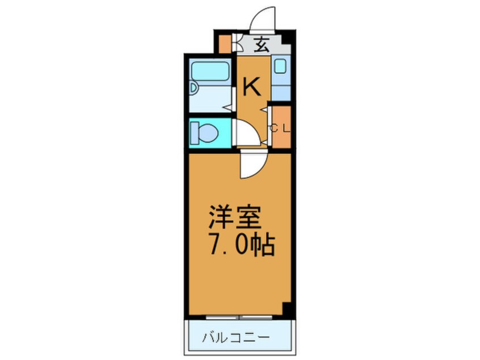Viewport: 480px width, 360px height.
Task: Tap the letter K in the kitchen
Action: [251, 87]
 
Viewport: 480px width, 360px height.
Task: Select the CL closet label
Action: [280, 128]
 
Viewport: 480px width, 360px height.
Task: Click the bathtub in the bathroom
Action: [209, 72]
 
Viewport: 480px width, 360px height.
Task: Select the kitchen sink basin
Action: [280, 66]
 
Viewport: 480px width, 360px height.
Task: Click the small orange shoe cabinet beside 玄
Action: [225, 44]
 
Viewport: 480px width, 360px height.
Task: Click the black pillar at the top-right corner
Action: [288, 41]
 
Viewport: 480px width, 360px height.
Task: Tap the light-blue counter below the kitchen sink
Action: [280, 89]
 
